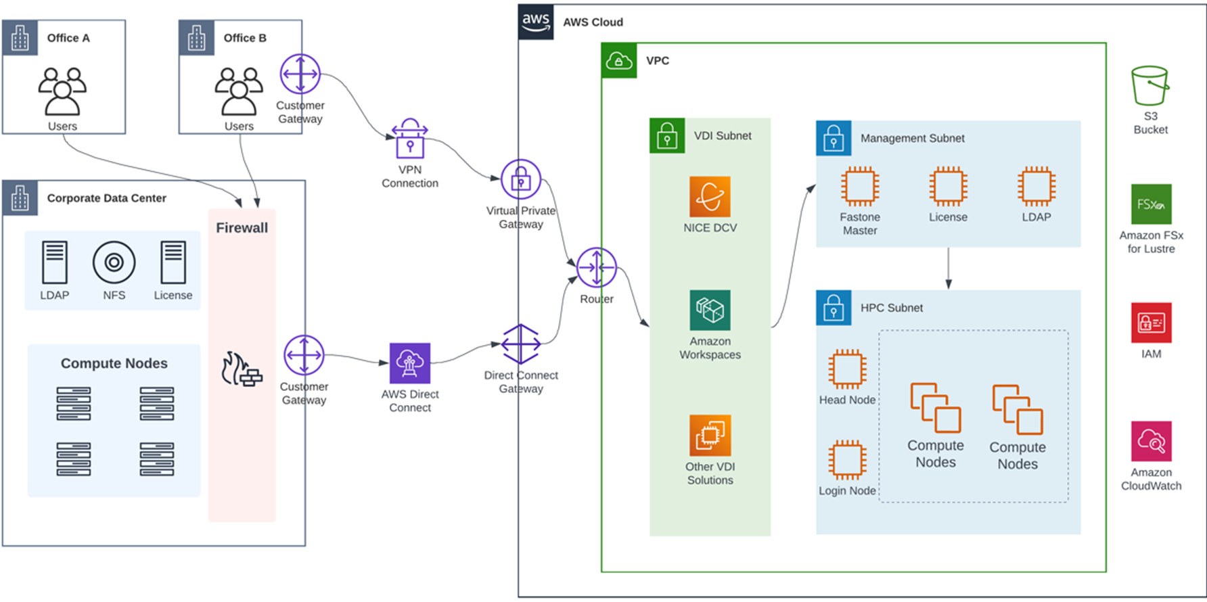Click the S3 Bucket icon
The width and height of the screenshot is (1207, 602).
[x=1150, y=85]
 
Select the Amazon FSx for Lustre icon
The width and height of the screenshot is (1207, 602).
[x=1151, y=204]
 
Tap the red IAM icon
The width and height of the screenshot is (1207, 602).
[x=1151, y=323]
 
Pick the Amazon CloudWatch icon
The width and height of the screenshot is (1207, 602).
[x=1151, y=441]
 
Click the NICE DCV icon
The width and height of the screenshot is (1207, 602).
[x=710, y=196]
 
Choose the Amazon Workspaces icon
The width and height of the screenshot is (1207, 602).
[x=710, y=310]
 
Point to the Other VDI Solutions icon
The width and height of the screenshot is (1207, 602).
[x=710, y=436]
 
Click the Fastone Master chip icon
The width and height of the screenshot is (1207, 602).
[x=860, y=186]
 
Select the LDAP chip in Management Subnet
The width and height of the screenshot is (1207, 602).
[x=1037, y=186]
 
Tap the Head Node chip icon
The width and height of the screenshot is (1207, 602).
[x=847, y=369]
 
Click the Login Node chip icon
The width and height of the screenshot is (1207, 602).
[x=847, y=460]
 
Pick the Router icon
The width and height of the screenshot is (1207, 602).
[x=596, y=268]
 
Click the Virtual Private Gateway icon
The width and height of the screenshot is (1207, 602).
[x=520, y=179]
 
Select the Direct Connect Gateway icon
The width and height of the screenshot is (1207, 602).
[x=520, y=344]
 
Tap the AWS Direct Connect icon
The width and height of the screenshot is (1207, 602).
[x=410, y=363]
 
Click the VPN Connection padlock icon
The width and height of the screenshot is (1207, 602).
[x=410, y=139]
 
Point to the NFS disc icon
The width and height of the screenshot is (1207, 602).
[x=114, y=262]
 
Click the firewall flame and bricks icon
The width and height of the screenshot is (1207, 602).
[x=242, y=369]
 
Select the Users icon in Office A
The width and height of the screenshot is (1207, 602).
[x=62, y=91]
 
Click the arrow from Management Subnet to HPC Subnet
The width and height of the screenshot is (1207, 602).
[x=949, y=269]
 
